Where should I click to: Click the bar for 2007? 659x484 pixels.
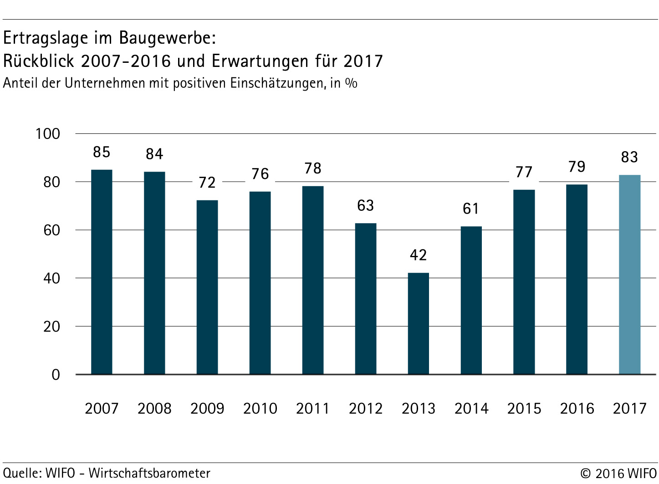[102, 272]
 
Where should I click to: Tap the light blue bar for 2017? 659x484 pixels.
[629, 275]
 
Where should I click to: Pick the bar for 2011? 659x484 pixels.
[313, 280]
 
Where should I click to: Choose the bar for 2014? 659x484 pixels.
[471, 300]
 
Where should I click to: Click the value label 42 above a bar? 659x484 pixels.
[418, 255]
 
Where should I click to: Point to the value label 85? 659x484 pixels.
[102, 152]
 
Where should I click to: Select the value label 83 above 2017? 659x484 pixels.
[629, 157]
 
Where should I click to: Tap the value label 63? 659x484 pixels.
[366, 206]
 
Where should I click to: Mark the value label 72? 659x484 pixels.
[207, 183]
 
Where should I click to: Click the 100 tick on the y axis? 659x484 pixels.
[48, 134]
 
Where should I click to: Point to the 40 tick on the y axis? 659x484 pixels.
[51, 278]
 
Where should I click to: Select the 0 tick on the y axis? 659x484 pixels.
[56, 375]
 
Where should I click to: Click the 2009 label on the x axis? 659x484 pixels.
[207, 408]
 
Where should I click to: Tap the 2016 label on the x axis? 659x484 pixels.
[577, 408]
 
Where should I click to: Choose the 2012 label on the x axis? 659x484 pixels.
[366, 408]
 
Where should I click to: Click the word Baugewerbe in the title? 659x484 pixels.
[167, 38]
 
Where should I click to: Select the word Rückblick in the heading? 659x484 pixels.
[38, 61]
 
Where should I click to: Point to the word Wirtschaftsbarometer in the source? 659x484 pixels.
[149, 473]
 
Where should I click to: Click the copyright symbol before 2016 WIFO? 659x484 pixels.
[586, 474]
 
